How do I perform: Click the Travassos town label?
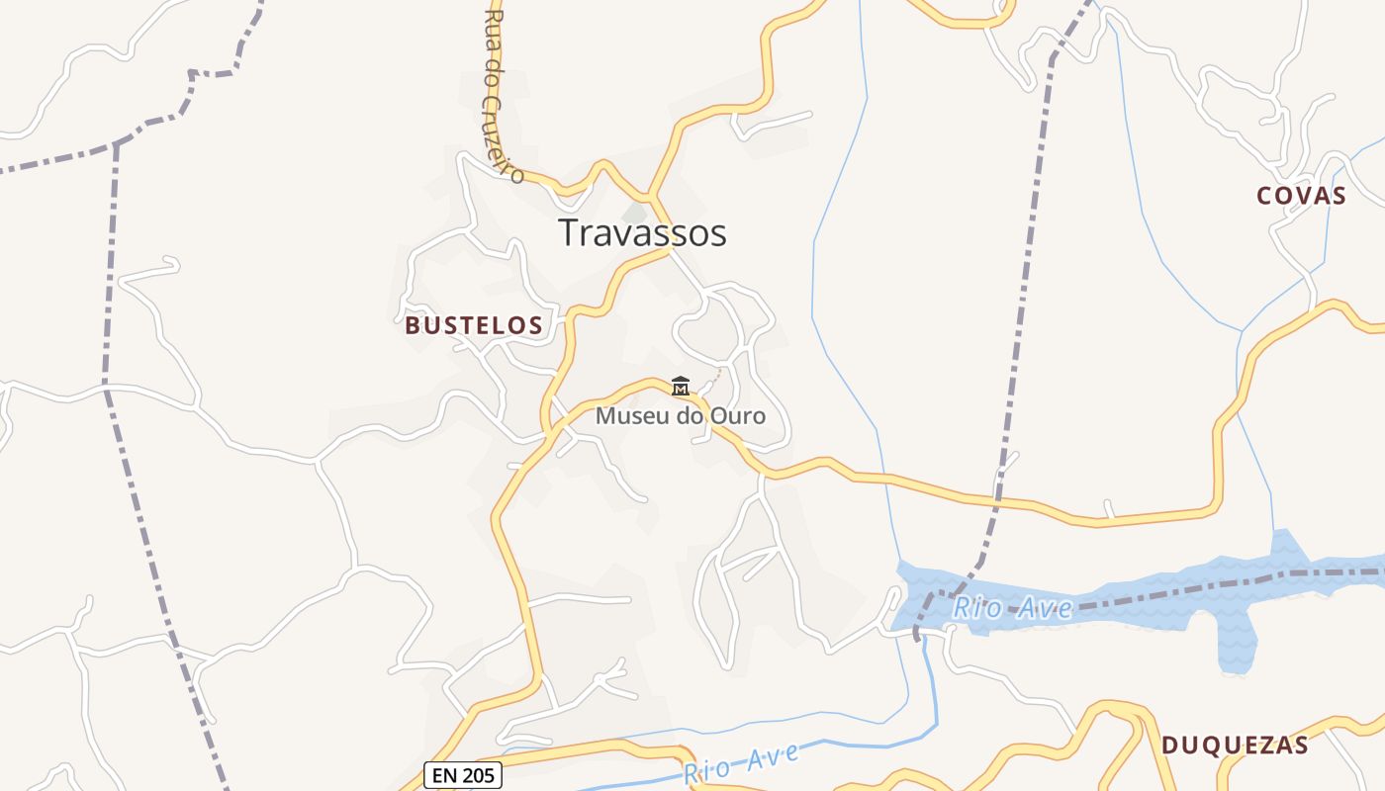pyautogui.click(x=642, y=233)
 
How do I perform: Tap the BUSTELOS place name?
pyautogui.click(x=474, y=325)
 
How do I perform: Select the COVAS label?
pyautogui.click(x=1301, y=196)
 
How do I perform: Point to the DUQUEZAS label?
pyautogui.click(x=1235, y=746)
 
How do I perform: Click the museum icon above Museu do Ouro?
pyautogui.click(x=681, y=387)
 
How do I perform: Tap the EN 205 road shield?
pyautogui.click(x=463, y=775)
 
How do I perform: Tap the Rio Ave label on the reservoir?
pyautogui.click(x=1012, y=607)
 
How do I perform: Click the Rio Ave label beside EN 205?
pyautogui.click(x=741, y=764)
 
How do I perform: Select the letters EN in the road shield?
pyautogui.click(x=444, y=775)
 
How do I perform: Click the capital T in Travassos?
pyautogui.click(x=568, y=233)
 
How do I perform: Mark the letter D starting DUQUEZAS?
pyautogui.click(x=1169, y=746)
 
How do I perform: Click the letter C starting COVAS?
pyautogui.click(x=1263, y=196)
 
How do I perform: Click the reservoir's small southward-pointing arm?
pyautogui.click(x=1238, y=649)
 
